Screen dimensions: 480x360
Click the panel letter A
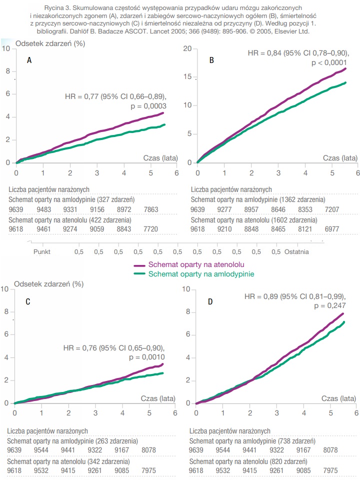(29, 60)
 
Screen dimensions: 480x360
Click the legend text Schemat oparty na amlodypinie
(201, 274)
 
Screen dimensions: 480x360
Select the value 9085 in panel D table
(307, 470)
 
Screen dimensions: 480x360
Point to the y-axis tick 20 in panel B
(187, 48)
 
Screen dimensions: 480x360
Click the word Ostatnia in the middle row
(297, 251)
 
